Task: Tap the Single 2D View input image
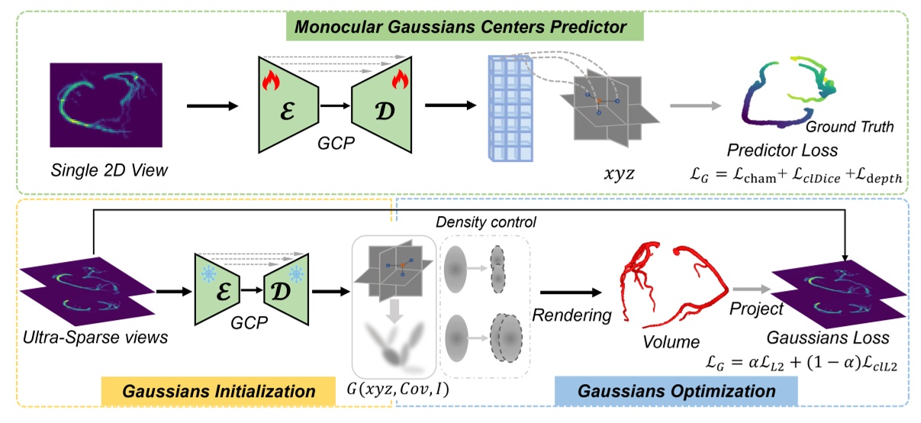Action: (106, 105)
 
